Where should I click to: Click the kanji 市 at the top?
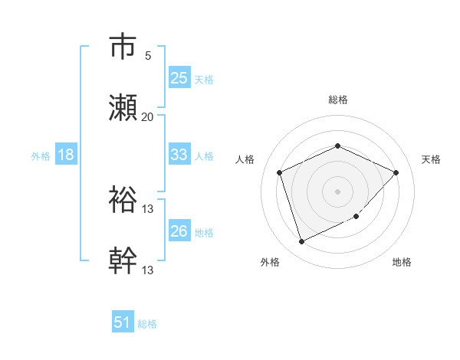[123, 47]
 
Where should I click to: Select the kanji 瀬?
[123, 108]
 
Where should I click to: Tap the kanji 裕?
[123, 200]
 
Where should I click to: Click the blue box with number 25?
[179, 78]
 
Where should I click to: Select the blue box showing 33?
[179, 155]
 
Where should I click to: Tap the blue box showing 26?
[179, 231]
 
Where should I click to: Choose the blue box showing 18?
[66, 155]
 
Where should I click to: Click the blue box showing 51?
[123, 322]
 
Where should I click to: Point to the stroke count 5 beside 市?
[148, 56]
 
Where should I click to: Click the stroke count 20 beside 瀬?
[148, 117]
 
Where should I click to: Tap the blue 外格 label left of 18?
[41, 155]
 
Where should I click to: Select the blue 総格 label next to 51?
[147, 324]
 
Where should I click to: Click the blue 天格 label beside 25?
[204, 79]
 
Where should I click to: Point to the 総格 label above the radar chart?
[337, 100]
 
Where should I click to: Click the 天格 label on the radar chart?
[431, 159]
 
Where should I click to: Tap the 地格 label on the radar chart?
[402, 262]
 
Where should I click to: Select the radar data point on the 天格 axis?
[396, 172]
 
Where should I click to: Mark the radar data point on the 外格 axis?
[301, 242]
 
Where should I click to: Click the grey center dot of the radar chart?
[337, 191]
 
